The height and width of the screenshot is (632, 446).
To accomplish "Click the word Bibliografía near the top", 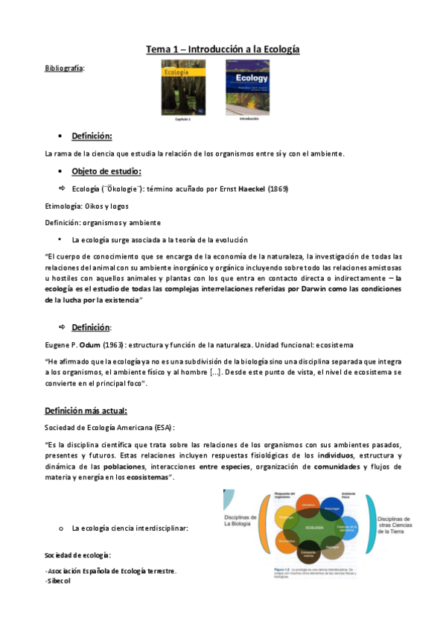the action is click(65, 69).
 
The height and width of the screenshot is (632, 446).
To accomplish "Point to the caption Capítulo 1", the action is click(183, 118).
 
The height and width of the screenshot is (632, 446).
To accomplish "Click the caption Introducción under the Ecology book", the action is click(247, 118).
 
